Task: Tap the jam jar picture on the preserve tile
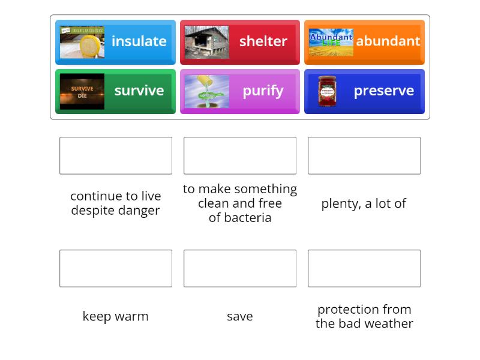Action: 327,91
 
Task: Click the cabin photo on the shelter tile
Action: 206,42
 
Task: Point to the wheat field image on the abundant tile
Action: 331,42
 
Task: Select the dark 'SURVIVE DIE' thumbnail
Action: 82,91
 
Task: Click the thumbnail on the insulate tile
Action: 82,42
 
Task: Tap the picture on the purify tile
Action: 206,91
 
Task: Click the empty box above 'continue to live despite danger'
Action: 116,155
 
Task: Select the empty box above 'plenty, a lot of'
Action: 364,155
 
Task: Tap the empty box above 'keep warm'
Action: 116,268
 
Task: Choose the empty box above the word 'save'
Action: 240,268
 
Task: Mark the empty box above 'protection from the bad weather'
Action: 364,268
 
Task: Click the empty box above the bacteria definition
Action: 240,155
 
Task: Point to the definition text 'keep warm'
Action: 115,316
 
